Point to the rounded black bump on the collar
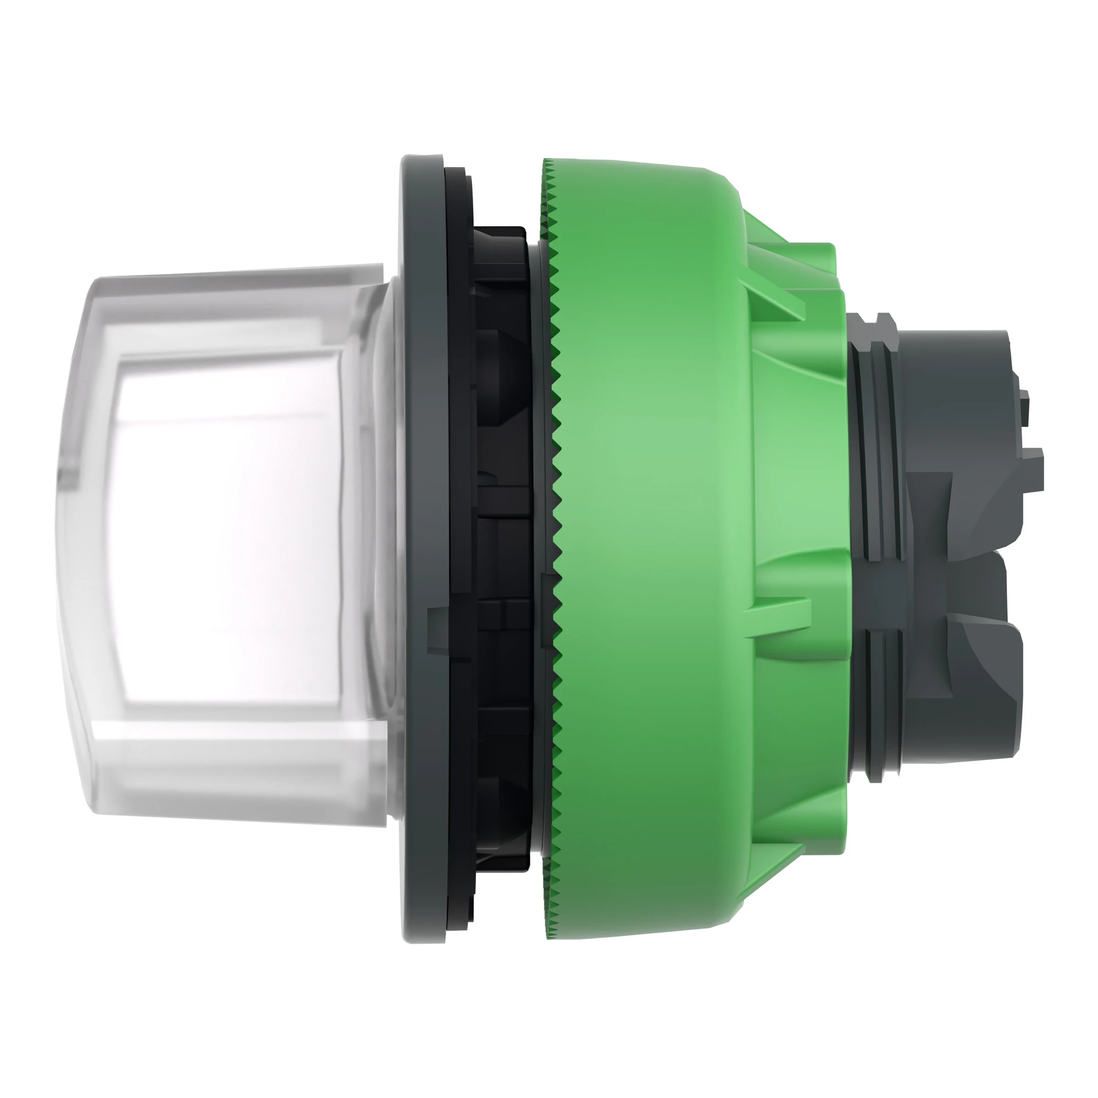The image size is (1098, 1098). [x=500, y=364]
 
